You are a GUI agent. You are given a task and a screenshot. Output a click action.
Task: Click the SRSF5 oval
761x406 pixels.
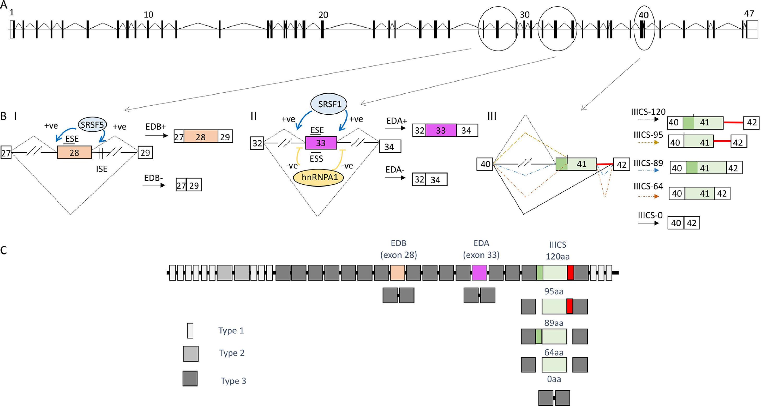tap(92, 125)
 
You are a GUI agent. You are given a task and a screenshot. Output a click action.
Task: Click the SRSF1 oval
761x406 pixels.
tap(329, 104)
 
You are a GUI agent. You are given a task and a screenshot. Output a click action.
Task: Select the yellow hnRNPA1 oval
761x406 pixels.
tap(319, 178)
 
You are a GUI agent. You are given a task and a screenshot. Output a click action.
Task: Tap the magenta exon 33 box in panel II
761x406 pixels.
tap(321, 143)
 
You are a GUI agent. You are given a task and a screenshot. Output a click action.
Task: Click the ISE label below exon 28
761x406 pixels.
tap(101, 169)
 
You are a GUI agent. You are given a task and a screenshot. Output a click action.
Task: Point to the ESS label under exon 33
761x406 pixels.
tap(316, 159)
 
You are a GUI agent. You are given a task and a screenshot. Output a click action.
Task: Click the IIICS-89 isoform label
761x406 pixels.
tap(648, 163)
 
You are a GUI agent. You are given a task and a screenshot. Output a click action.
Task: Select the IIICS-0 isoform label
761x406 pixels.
tap(650, 215)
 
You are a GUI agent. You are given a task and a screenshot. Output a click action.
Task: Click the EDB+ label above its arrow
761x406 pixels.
tap(156, 127)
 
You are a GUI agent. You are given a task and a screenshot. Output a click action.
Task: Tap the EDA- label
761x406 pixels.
tap(395, 170)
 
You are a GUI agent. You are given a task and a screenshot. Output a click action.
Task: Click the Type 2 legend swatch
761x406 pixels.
tap(190, 353)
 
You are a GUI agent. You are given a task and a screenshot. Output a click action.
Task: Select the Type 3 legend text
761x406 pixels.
tap(233, 381)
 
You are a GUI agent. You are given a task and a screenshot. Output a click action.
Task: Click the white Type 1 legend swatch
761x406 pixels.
tap(190, 330)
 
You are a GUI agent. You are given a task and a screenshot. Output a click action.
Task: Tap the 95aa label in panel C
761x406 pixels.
tap(554, 292)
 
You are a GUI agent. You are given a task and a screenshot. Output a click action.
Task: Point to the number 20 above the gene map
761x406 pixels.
tap(323, 15)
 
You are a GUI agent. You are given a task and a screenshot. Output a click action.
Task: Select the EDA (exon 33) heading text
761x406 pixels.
tap(481, 249)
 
